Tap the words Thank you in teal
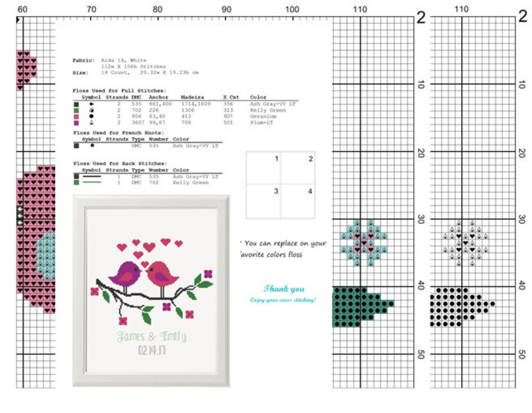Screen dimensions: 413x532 (x=284, y=289)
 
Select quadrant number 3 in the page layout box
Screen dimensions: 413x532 (x=276, y=191)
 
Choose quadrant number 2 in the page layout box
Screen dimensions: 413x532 (x=311, y=159)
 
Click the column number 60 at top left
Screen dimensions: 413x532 (x=22, y=9)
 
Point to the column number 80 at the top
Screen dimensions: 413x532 (x=157, y=9)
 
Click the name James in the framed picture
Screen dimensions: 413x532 (x=131, y=336)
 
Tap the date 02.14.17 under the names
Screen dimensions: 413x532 (x=152, y=351)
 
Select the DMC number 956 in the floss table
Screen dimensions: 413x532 (x=136, y=116)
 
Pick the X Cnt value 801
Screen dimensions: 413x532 (x=228, y=116)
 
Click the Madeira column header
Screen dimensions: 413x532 (x=192, y=97)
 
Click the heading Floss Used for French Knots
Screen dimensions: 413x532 (x=119, y=133)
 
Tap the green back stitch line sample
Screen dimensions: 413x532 (x=92, y=182)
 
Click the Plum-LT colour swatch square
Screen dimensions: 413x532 (x=76, y=123)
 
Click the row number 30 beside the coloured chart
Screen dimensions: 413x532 (x=421, y=219)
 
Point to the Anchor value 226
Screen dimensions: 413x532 (x=154, y=110)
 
